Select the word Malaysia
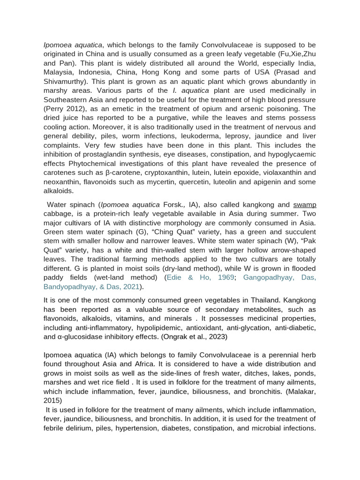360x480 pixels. [59, 72]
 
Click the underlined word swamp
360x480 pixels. [305, 205]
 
